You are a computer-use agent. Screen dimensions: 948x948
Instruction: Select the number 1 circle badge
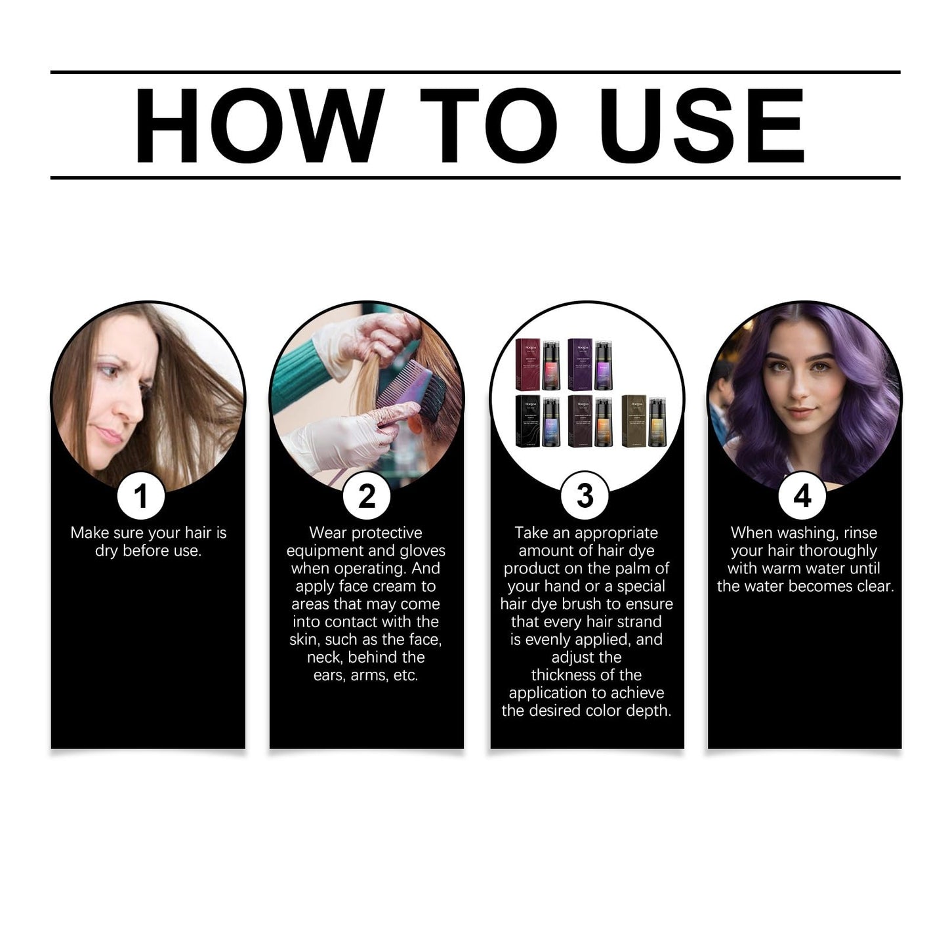click(x=140, y=496)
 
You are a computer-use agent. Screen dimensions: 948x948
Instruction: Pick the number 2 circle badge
click(x=367, y=496)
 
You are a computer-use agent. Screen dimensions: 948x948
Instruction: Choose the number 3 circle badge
click(x=585, y=496)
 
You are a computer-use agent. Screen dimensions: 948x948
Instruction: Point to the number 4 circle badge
click(x=802, y=496)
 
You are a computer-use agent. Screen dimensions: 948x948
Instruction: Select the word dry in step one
click(x=106, y=551)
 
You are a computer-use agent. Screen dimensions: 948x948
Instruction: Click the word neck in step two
click(x=324, y=657)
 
